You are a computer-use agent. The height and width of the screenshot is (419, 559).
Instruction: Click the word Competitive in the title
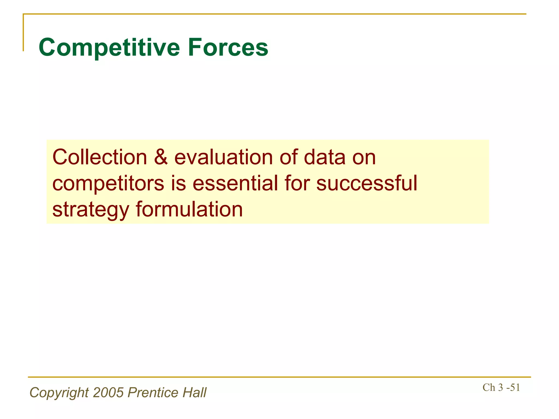(109, 48)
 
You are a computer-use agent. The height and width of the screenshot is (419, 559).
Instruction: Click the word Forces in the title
(228, 48)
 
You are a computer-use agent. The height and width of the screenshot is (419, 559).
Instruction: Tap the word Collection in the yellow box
(100, 157)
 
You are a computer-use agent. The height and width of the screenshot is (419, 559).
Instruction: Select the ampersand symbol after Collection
(161, 157)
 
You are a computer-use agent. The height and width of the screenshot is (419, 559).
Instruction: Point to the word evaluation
(224, 157)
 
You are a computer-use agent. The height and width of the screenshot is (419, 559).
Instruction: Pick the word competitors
(108, 184)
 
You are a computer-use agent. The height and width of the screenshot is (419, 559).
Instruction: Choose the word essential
(235, 183)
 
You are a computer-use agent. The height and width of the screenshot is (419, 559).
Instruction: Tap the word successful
(367, 183)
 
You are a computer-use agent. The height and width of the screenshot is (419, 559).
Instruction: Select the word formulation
(189, 209)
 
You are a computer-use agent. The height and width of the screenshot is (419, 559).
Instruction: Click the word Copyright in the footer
(59, 393)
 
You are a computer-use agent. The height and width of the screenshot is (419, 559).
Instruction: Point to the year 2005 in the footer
(108, 393)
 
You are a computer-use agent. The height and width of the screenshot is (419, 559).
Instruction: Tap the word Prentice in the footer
(153, 393)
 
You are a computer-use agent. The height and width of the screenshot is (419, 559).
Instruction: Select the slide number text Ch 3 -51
(501, 388)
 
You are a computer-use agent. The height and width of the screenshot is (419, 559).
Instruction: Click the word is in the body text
(179, 183)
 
